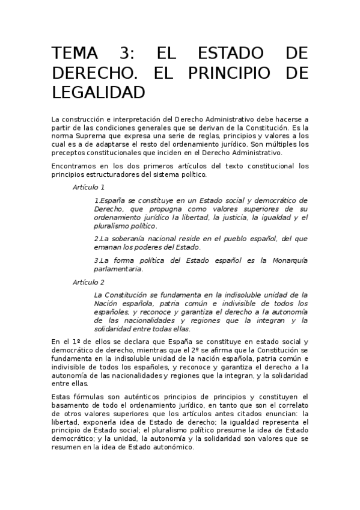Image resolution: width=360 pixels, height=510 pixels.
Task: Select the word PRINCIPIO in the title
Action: [x=234, y=73]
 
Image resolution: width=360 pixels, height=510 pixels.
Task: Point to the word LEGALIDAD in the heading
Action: [x=99, y=93]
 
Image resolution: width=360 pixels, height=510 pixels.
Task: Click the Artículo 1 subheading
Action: [x=88, y=187]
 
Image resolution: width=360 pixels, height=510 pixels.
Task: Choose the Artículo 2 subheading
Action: [x=88, y=282]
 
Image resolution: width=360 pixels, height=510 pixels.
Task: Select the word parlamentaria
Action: [x=118, y=269]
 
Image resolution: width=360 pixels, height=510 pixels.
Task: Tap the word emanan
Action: [x=107, y=247]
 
